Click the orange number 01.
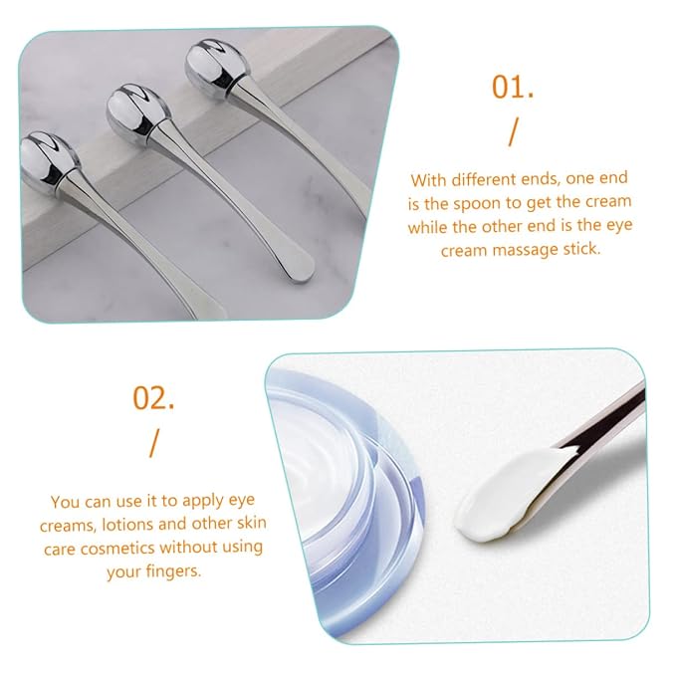(513, 87)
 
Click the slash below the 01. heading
(513, 133)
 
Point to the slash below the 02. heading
(154, 443)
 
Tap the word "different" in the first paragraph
(486, 179)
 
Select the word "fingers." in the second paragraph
(173, 571)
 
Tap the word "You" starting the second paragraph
(65, 502)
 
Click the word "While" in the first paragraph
(427, 227)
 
